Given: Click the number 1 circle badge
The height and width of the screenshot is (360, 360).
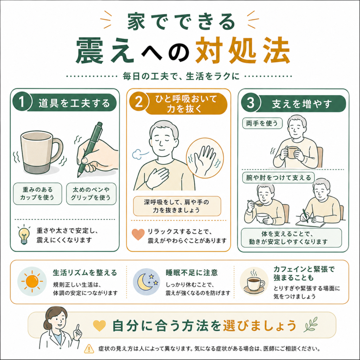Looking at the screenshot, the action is (21, 102).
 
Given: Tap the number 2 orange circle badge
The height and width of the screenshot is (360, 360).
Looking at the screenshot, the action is (139, 102).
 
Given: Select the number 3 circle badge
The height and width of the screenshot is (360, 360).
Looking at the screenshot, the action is (250, 102).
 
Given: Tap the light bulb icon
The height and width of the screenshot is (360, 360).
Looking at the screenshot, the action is (24, 234).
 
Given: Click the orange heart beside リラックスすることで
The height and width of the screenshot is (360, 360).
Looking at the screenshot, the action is (138, 234).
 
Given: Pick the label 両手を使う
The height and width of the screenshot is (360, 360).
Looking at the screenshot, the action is (262, 123).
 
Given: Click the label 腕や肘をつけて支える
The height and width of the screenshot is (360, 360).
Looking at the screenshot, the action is (278, 178).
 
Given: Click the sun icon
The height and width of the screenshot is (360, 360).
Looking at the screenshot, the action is (32, 281).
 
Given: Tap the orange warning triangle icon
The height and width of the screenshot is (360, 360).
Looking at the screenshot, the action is (89, 348).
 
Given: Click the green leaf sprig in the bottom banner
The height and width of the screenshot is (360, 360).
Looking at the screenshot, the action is (311, 324).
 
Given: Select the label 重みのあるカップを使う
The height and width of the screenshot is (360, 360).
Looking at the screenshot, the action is (37, 194).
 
